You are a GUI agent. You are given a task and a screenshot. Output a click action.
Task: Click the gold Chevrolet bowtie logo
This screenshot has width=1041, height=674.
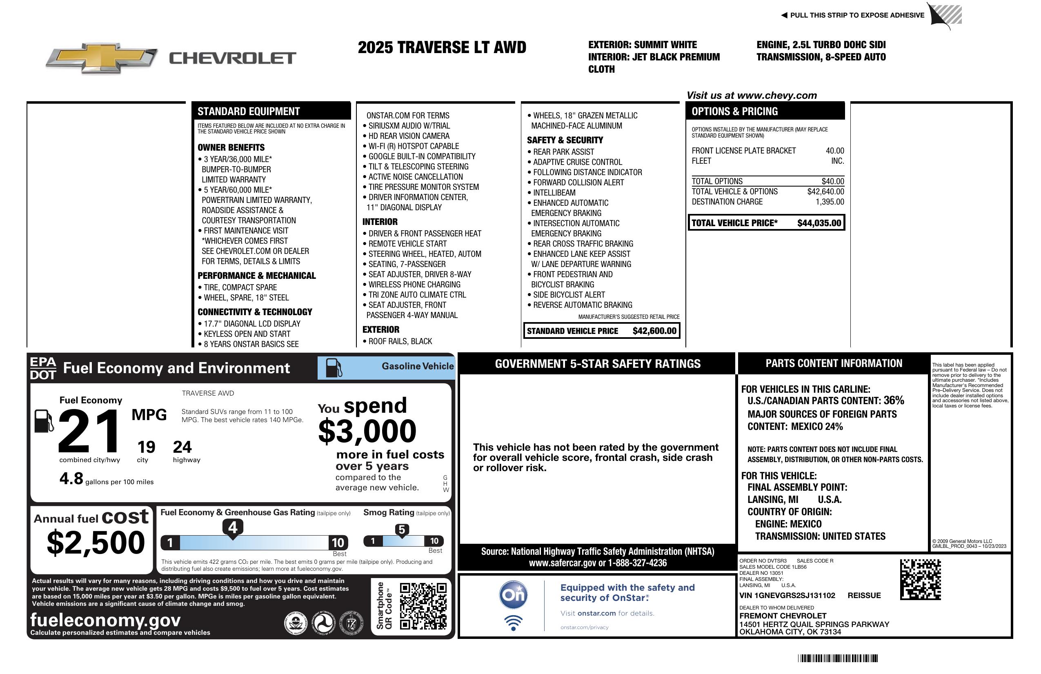102,57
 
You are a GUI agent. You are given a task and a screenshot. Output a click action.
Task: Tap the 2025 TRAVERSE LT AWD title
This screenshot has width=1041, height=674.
442,47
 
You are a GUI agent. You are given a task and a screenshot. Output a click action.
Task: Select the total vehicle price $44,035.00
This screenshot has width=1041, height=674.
819,223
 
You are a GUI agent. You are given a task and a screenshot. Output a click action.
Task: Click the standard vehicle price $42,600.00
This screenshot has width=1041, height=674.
654,331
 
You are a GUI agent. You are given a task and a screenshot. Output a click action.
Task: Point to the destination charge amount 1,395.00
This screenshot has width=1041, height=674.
830,202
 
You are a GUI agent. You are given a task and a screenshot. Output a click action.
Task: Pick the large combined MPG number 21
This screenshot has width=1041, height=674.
89,431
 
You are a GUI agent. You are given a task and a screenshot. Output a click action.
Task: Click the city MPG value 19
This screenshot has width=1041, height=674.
146,447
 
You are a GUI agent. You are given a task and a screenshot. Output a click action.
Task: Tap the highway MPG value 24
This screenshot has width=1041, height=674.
182,447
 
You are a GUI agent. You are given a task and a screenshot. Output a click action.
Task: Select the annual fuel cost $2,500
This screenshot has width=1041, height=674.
96,543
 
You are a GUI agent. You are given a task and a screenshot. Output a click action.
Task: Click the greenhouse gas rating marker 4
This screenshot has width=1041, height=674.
233,527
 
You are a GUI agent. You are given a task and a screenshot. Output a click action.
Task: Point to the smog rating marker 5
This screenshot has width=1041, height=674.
402,529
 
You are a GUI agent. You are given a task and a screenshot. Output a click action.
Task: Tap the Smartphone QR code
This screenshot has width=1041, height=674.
423,606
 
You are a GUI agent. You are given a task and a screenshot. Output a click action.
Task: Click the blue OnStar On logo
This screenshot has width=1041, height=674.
513,595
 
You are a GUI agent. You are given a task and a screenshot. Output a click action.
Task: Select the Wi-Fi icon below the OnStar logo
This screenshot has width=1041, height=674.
513,623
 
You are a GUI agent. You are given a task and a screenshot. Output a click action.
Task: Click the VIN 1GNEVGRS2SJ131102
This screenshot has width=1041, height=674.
787,595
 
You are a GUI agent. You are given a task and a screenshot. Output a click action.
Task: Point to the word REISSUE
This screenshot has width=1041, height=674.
864,595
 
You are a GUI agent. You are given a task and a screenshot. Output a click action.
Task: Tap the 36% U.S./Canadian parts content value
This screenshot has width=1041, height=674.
893,400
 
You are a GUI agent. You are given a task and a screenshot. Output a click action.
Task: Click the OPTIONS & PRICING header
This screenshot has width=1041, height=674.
734,111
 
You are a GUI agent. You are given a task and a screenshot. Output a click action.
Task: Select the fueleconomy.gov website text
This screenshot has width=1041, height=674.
105,620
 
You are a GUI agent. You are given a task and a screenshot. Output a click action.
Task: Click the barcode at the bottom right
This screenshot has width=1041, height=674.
837,658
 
